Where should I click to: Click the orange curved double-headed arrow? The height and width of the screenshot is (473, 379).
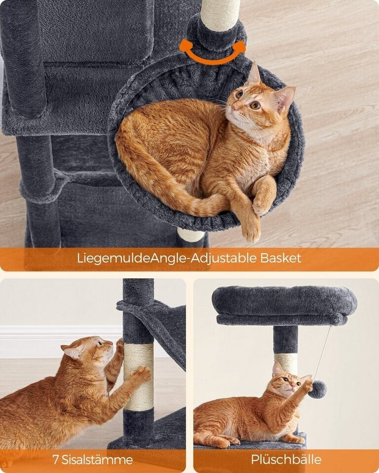coord(213,59)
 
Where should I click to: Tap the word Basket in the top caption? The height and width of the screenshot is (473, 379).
coord(281,258)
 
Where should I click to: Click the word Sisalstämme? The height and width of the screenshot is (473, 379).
coord(97,459)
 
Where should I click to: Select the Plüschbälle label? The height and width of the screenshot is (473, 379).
coord(286,459)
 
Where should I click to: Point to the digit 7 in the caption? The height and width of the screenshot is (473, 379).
coord(55,459)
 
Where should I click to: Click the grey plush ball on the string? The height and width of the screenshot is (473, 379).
coord(319,389)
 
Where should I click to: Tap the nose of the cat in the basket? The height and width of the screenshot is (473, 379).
coord(233,107)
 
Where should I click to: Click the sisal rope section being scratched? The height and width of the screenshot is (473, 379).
coord(138,377)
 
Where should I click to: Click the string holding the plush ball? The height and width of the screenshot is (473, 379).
coord(323,352)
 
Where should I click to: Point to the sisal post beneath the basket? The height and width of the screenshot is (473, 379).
coord(190,235)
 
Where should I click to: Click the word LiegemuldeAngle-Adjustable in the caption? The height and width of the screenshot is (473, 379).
coord(167,259)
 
